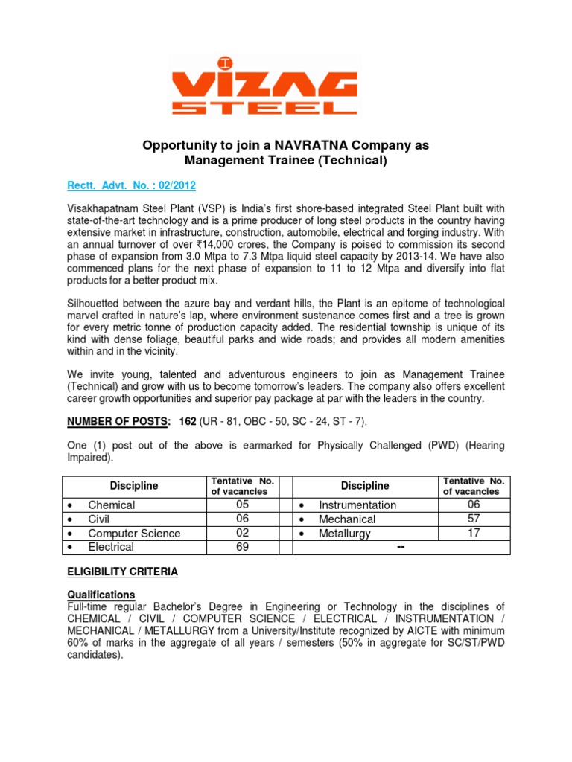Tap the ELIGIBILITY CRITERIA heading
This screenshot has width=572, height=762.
tap(123, 571)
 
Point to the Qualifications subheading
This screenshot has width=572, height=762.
tap(101, 595)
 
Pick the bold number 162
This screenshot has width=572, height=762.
tap(188, 422)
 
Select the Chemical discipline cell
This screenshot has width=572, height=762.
tap(112, 505)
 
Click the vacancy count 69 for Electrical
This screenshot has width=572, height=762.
tap(241, 547)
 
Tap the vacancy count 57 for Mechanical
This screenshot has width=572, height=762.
tap(474, 519)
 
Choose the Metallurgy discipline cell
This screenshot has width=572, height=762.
tap(345, 533)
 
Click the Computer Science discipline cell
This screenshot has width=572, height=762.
tap(134, 533)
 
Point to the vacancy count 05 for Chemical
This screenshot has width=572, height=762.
tap(241, 505)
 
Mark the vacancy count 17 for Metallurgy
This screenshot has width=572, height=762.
tap(474, 533)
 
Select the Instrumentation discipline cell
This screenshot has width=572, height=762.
tap(357, 505)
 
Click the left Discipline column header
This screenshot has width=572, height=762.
tap(134, 486)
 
